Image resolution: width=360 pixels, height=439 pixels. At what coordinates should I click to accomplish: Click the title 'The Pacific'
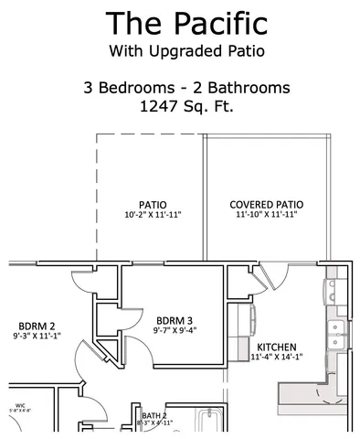[x=185, y=21]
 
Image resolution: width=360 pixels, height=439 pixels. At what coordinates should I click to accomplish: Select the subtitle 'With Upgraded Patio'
[x=185, y=49]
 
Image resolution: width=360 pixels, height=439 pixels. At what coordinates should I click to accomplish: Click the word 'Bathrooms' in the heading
[x=251, y=88]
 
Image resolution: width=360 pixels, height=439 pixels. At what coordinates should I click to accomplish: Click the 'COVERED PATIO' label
[x=266, y=204]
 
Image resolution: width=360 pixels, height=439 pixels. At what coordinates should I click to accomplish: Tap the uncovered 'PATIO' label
[x=152, y=204]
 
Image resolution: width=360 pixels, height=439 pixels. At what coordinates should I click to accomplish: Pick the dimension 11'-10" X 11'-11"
[x=266, y=215]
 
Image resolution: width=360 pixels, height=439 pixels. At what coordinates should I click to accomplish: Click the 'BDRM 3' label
[x=175, y=320]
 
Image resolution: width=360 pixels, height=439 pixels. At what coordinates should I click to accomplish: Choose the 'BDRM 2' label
[x=37, y=326]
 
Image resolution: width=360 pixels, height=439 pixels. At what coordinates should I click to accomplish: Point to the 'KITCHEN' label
[x=276, y=348]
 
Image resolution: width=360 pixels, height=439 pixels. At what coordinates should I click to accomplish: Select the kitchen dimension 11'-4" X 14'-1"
[x=279, y=358]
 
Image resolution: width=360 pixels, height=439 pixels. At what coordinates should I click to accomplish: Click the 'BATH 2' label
[x=154, y=414]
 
